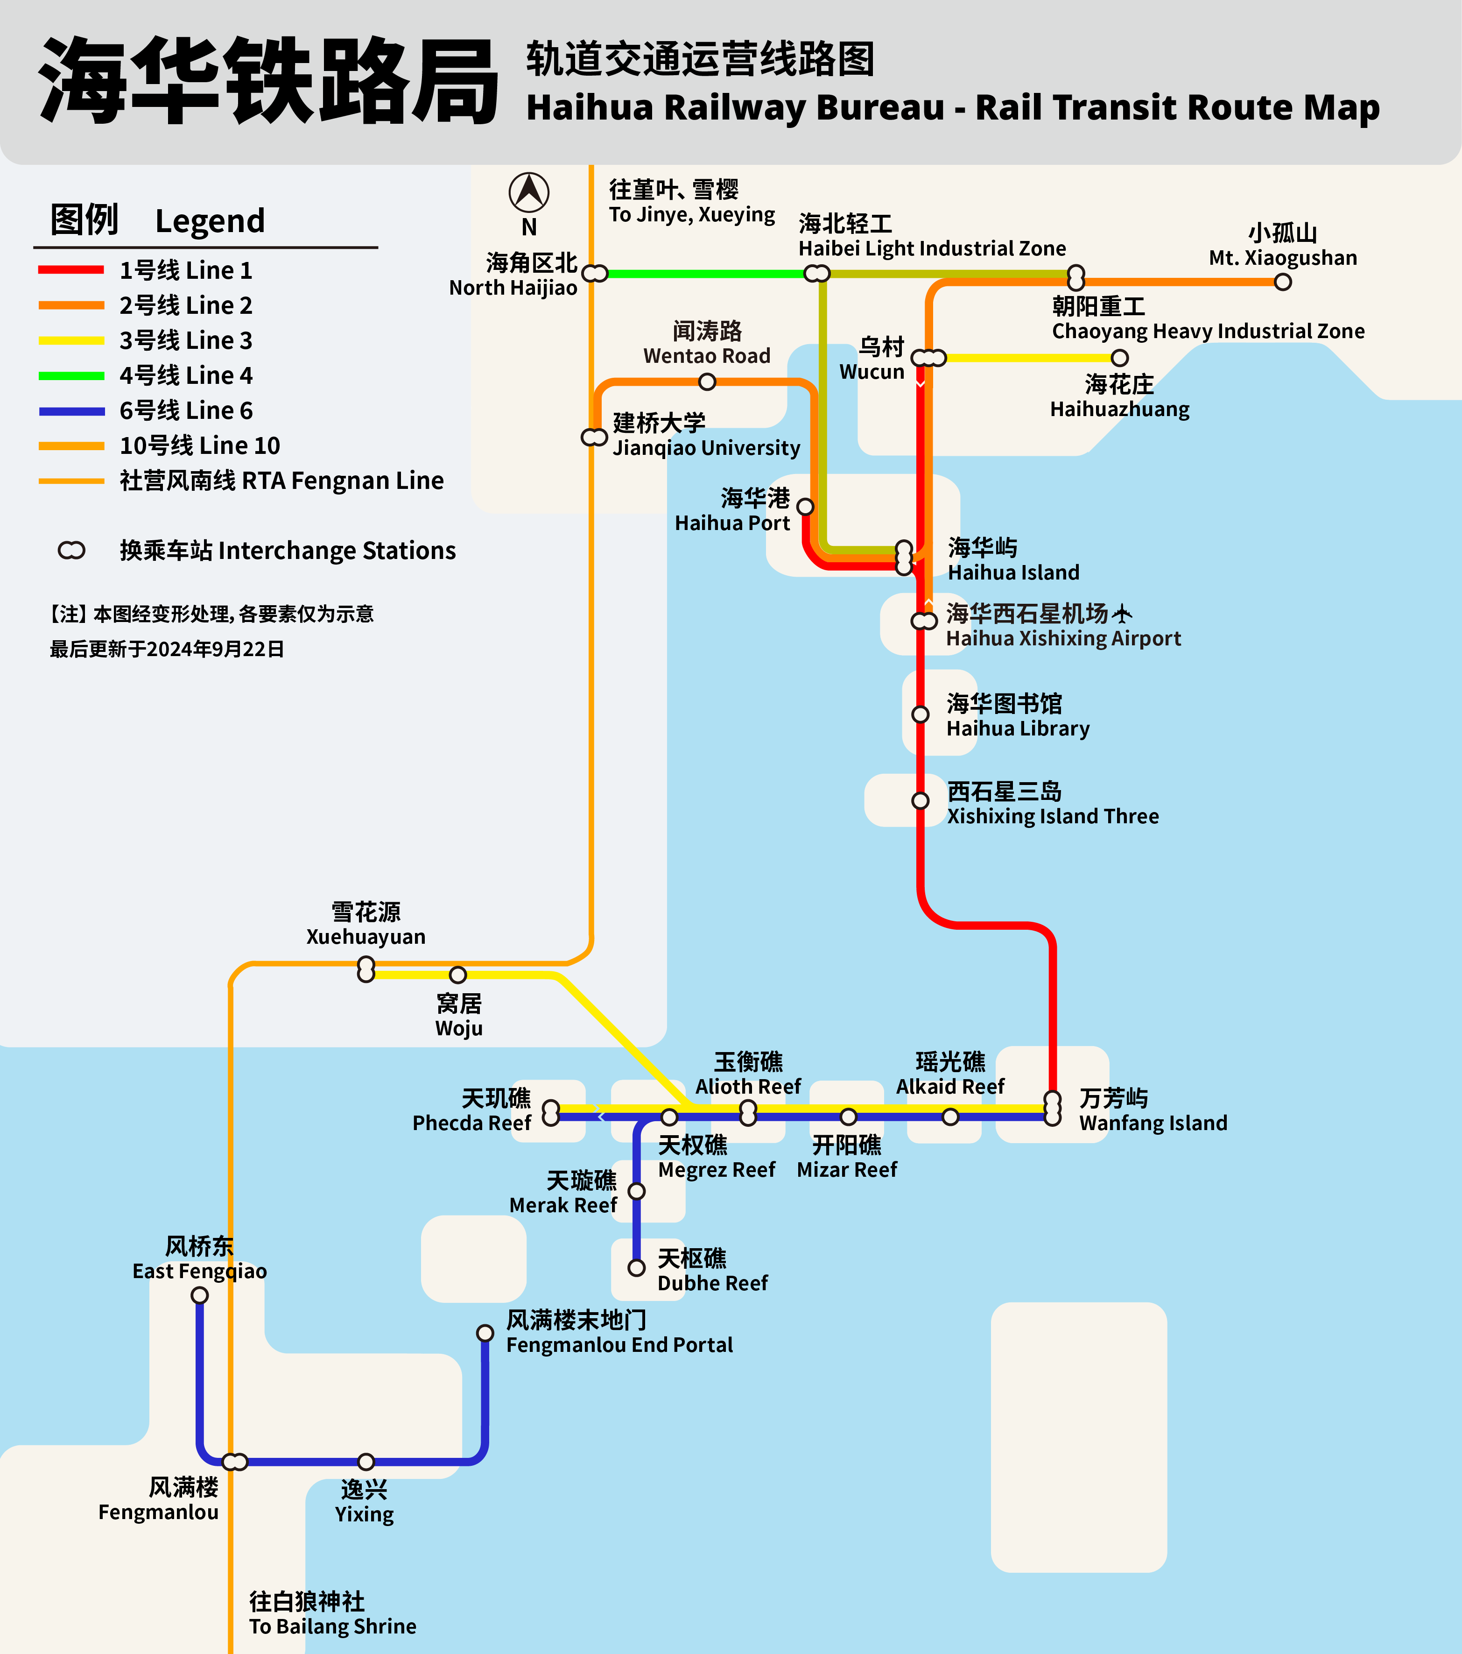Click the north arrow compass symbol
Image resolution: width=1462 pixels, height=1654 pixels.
tap(529, 192)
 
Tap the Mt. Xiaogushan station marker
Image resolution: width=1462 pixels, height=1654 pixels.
tap(1282, 282)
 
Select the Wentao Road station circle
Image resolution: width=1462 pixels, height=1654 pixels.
tap(707, 381)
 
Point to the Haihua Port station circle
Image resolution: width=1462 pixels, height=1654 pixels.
tap(805, 507)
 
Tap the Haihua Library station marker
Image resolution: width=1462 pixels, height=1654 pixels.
tap(920, 714)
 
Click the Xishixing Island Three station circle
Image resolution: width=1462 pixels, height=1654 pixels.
tap(920, 800)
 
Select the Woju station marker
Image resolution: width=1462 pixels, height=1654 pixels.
tap(458, 974)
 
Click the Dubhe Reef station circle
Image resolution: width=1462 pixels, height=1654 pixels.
tap(637, 1267)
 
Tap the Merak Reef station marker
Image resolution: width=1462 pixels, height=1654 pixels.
tap(637, 1191)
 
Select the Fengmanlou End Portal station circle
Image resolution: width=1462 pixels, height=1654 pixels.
tap(485, 1333)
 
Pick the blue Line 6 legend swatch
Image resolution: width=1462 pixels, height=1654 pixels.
tap(71, 411)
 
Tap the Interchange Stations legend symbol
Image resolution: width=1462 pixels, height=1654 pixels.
tap(71, 550)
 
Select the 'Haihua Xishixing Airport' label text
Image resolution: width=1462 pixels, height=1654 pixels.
tap(1063, 638)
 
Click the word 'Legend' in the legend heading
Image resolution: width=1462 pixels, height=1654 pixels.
tap(210, 221)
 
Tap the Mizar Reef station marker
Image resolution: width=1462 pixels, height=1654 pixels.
tap(848, 1117)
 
